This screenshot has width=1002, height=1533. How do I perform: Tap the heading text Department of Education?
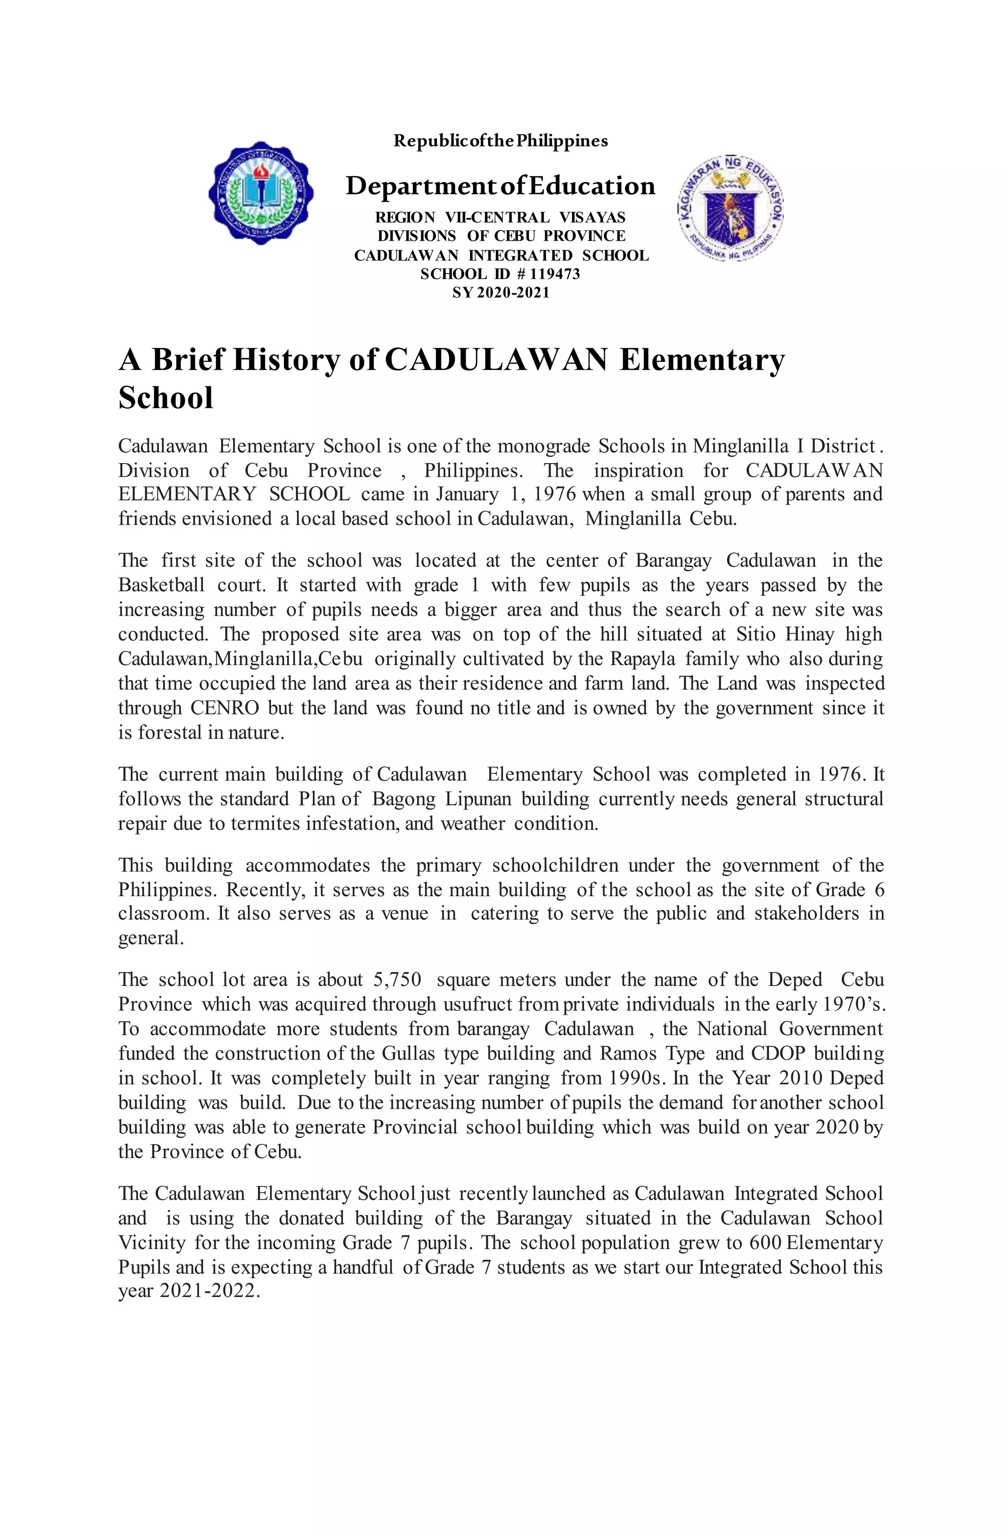point(501,186)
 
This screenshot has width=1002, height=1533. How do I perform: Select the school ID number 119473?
point(555,274)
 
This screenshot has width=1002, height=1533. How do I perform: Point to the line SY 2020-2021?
point(501,292)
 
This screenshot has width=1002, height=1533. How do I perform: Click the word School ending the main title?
point(165,397)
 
